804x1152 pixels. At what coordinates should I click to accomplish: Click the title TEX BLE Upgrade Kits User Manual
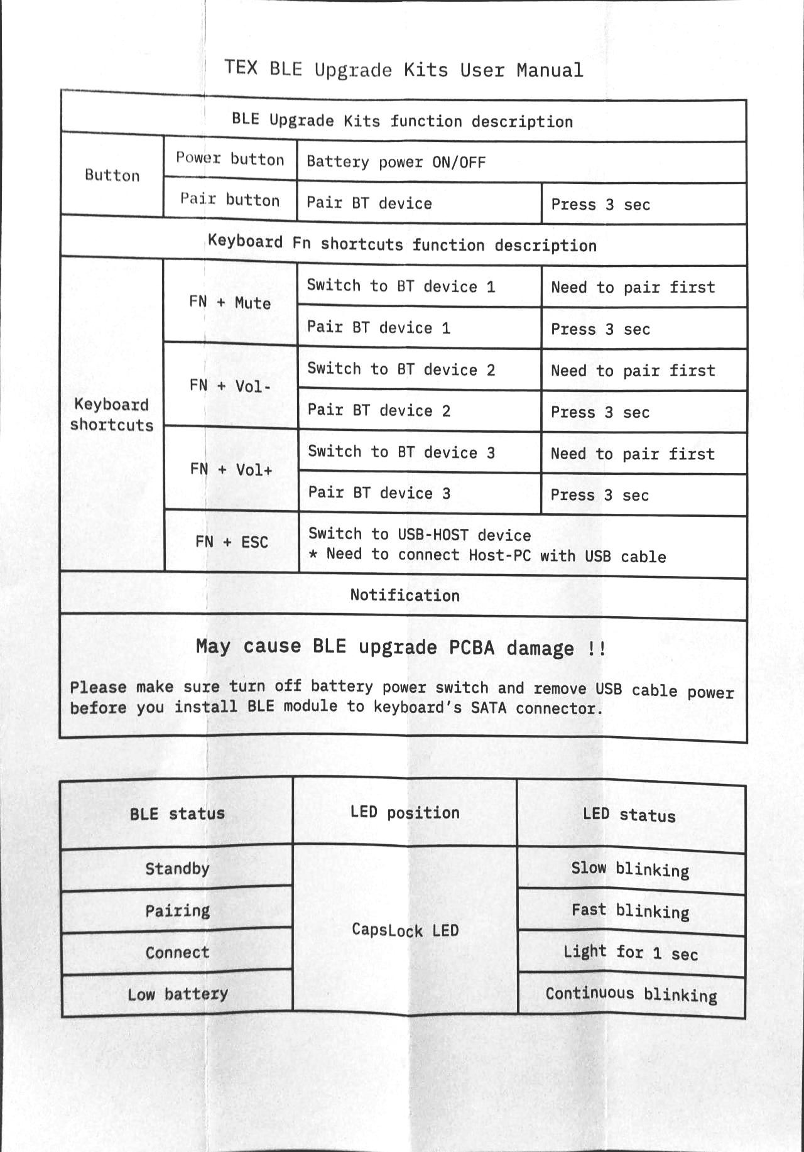404,69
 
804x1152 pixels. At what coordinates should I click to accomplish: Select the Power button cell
230,159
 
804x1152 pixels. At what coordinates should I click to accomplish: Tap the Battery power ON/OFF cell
396,162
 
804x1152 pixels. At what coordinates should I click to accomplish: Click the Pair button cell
230,200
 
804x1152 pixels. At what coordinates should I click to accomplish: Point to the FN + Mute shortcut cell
230,303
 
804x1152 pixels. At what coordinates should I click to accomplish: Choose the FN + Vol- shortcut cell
230,386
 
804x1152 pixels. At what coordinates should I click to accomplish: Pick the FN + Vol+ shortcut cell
231,469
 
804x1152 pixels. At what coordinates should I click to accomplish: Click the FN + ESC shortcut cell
231,542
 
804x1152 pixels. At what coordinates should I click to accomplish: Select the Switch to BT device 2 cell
401,369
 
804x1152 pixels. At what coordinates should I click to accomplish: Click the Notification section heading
405,595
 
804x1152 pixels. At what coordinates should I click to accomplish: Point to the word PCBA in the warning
472,648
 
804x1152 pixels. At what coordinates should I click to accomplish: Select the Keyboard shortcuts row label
112,415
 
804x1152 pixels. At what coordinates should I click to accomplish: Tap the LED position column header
405,813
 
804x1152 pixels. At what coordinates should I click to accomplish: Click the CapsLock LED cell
405,930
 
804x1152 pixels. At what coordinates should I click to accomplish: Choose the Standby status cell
177,869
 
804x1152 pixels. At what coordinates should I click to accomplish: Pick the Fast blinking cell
630,911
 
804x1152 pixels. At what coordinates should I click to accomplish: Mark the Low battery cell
177,994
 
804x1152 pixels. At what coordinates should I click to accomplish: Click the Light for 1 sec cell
630,953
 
